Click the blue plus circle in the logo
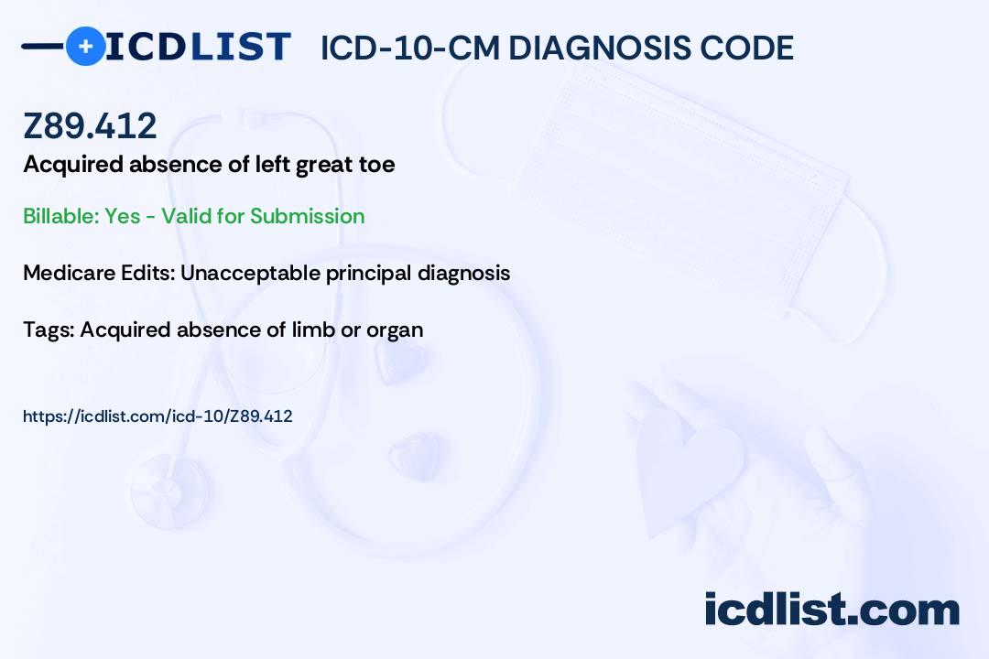[x=85, y=46]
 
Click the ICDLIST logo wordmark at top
[x=198, y=47]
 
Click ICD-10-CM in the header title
[x=410, y=48]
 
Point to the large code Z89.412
[x=90, y=125]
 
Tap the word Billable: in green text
[x=61, y=216]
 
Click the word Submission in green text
[x=307, y=216]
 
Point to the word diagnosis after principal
[x=463, y=274]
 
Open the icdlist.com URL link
[x=158, y=416]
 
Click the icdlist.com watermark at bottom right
[x=831, y=610]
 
